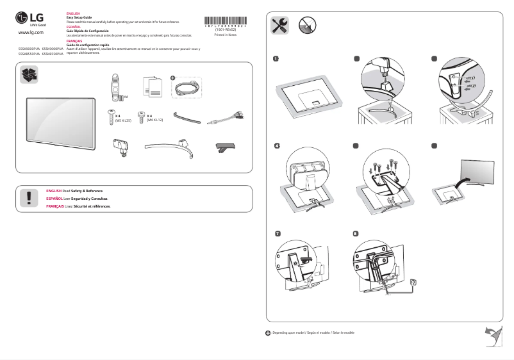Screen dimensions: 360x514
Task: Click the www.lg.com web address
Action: pos(31,31)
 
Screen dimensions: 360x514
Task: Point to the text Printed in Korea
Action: pos(224,35)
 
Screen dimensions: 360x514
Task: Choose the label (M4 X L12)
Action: pos(155,120)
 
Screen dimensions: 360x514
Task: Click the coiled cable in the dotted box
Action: pos(187,87)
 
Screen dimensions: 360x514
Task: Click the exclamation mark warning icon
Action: pos(28,198)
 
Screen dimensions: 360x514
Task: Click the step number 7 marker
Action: pos(277,234)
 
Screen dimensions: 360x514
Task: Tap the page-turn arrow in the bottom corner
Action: pos(492,334)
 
